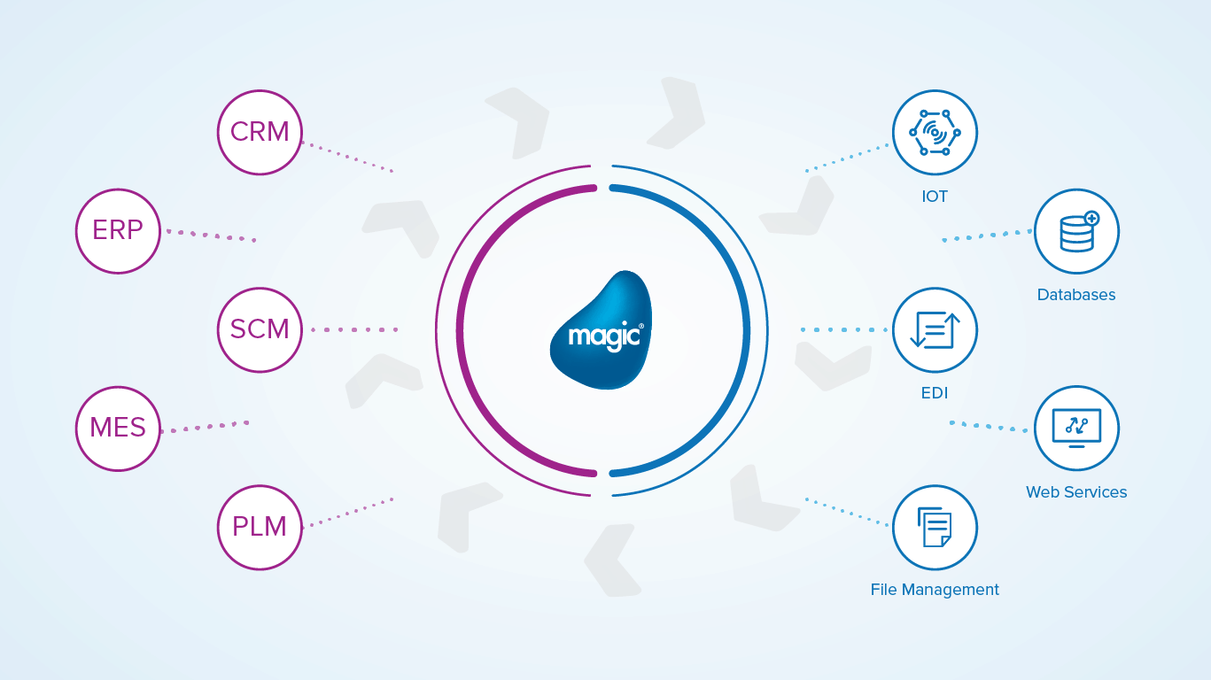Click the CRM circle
[x=260, y=132]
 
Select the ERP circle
[x=118, y=230]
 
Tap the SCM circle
[x=260, y=329]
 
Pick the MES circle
[x=118, y=429]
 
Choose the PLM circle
[x=260, y=527]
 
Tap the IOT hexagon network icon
[x=935, y=133]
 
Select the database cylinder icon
[x=1076, y=231]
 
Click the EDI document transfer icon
[x=935, y=330]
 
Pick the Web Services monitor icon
[x=1076, y=429]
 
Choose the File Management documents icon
[x=935, y=528]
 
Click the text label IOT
[x=935, y=197]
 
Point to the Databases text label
[x=1076, y=295]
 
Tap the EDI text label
[x=935, y=393]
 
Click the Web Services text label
[x=1076, y=492]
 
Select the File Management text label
[x=935, y=590]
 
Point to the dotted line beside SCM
[x=354, y=329]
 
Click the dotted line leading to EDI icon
[x=843, y=330]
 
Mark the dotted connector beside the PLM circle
[x=347, y=513]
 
